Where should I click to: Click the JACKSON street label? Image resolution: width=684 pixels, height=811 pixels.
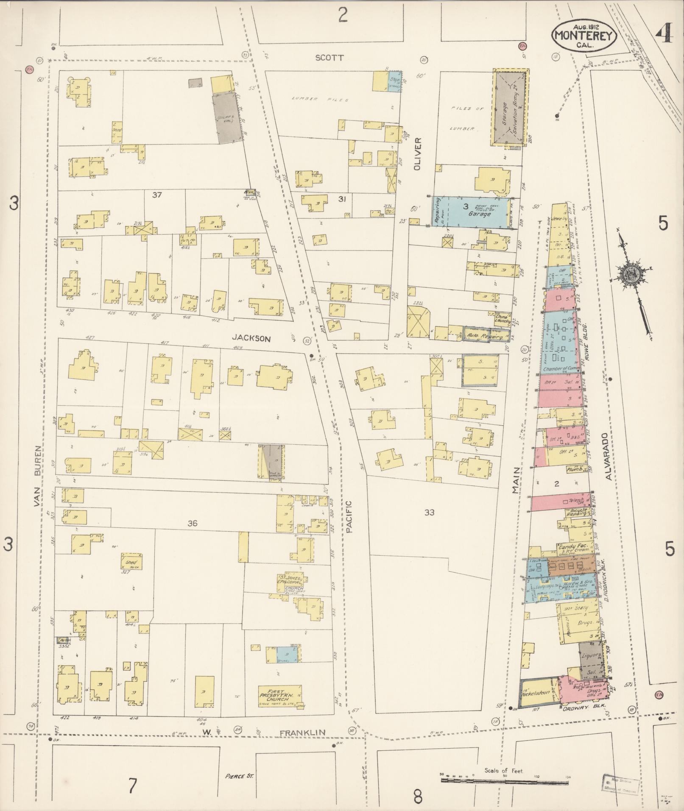pos(251,338)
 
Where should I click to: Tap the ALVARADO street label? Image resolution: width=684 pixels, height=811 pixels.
pos(609,456)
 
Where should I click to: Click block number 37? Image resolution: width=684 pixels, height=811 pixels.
pos(157,195)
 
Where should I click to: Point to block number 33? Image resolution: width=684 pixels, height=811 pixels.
pos(429,513)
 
